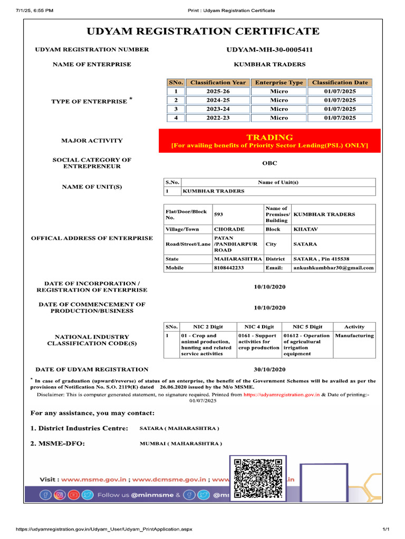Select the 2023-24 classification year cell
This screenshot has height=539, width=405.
218,109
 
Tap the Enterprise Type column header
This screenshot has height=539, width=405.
279,83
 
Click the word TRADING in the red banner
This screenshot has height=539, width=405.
269,137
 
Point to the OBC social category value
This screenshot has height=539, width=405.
269,163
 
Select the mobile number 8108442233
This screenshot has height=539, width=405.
229,268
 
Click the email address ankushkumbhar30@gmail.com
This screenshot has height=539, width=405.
333,268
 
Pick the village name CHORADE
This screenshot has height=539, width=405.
229,229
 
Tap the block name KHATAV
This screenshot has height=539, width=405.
306,229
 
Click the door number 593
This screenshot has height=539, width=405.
218,215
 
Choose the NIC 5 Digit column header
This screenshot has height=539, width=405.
307,327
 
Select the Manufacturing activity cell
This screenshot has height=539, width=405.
354,335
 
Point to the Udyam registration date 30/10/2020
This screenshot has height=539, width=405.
269,370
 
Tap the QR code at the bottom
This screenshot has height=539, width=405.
258,478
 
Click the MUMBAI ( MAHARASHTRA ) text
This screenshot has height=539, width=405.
180,444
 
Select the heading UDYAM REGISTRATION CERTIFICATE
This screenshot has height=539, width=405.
203,32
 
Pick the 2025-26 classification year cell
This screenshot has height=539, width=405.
218,92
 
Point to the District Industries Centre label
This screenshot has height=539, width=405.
79,428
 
